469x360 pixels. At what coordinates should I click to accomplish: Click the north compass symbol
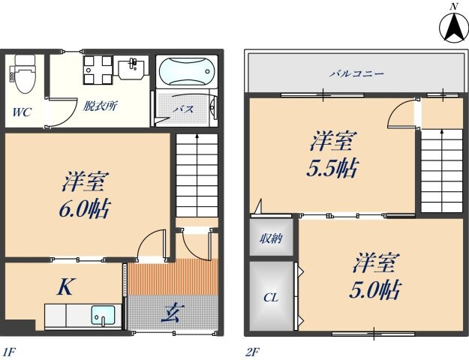(452, 28)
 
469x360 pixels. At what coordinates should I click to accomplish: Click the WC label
(20, 113)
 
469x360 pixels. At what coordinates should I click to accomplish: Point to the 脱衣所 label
(99, 106)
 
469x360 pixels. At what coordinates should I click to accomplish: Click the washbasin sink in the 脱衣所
(132, 69)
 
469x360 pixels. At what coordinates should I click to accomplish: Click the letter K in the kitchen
(65, 286)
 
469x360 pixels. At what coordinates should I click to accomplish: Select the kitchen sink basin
(102, 315)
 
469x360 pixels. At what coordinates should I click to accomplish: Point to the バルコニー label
(357, 74)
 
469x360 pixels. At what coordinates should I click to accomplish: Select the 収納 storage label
(271, 239)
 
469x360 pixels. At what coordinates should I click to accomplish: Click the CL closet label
(270, 298)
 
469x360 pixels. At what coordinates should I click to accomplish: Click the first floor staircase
(197, 172)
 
